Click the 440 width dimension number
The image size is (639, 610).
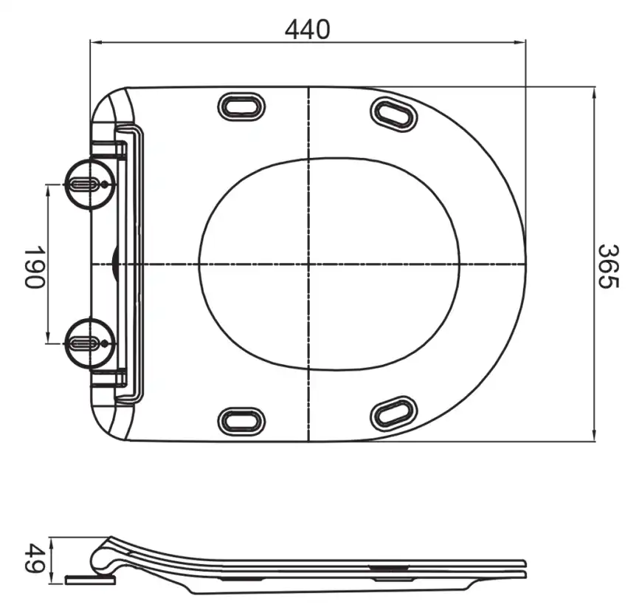tap(307, 30)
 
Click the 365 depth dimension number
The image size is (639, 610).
tap(609, 267)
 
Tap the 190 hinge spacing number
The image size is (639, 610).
tap(33, 267)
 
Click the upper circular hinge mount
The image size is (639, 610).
tap(90, 185)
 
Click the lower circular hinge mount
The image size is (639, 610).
tap(90, 343)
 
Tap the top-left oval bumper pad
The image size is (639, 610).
tap(242, 107)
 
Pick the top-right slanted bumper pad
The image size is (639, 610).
tap(394, 113)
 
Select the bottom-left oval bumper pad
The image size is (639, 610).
tap(242, 421)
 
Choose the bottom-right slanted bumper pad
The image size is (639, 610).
tap(394, 414)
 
